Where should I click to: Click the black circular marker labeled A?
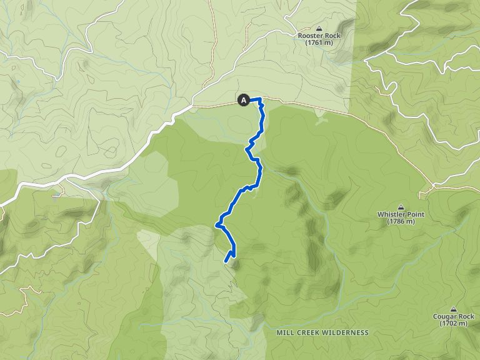coord(243,99)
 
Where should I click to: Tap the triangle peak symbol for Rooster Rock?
coord(320,28)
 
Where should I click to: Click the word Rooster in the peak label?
coord(309,36)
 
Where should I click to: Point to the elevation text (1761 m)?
coord(320,43)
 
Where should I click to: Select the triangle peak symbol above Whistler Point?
coord(401,207)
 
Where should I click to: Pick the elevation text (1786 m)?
coord(401,222)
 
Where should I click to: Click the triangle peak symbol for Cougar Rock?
coord(454,309)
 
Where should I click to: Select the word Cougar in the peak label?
coord(445,316)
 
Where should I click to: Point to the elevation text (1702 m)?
coord(454,324)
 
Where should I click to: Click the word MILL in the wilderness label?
coord(284,332)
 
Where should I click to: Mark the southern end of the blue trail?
coord(226,261)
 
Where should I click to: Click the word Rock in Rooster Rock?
coord(332,36)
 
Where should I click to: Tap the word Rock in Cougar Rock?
coord(466,316)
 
